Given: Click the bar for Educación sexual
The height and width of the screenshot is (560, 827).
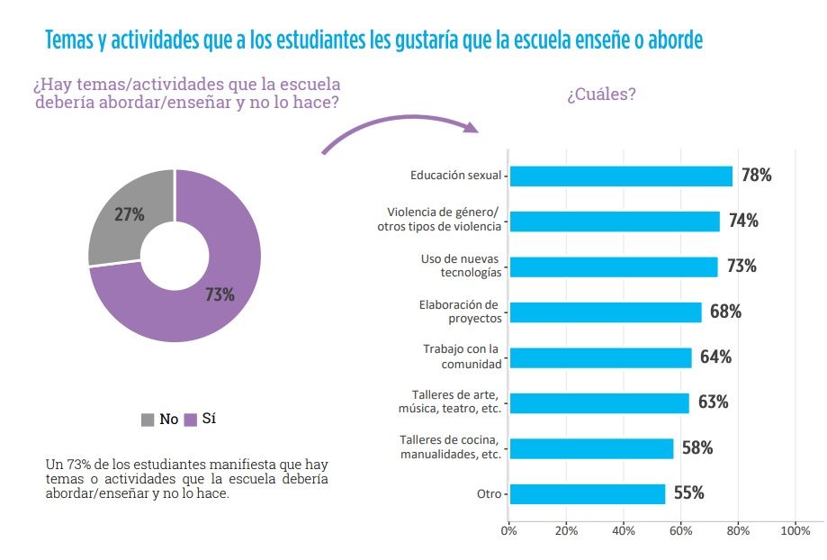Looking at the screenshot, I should [621, 176].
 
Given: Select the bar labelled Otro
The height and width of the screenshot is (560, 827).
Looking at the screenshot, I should [587, 493].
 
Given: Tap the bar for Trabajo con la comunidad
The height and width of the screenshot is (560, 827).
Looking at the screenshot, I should [600, 357].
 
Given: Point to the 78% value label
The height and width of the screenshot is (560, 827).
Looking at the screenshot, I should [756, 176].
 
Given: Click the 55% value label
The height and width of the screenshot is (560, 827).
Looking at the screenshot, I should [688, 493].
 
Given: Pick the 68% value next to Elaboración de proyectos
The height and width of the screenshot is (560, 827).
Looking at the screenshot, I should [725, 312].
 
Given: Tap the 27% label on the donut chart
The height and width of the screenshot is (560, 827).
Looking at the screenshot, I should [130, 214].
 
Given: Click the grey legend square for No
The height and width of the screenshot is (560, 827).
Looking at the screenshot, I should [148, 420].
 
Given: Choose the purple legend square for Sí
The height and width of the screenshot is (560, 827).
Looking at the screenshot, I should [190, 420].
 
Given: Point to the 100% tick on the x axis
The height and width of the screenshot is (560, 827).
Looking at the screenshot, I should [796, 530].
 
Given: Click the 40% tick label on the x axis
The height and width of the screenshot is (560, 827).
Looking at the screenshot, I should [624, 530].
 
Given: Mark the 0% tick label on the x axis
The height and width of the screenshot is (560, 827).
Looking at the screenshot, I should [508, 530].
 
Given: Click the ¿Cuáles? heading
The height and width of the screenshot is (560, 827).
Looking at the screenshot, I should [601, 95].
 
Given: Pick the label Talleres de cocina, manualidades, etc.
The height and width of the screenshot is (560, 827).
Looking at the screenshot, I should [450, 447].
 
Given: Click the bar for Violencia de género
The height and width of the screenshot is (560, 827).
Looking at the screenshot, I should [615, 221].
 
